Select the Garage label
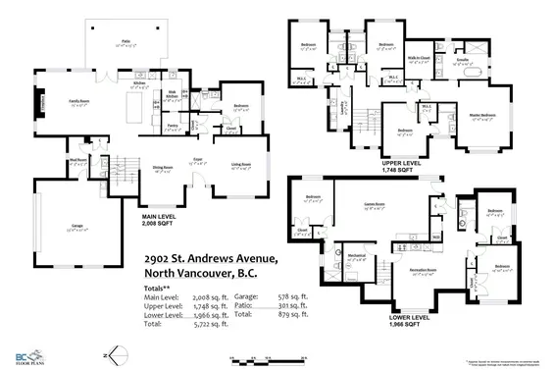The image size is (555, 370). [77, 225]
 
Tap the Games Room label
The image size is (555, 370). [377, 207]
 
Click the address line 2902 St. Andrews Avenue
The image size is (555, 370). [203, 257]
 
